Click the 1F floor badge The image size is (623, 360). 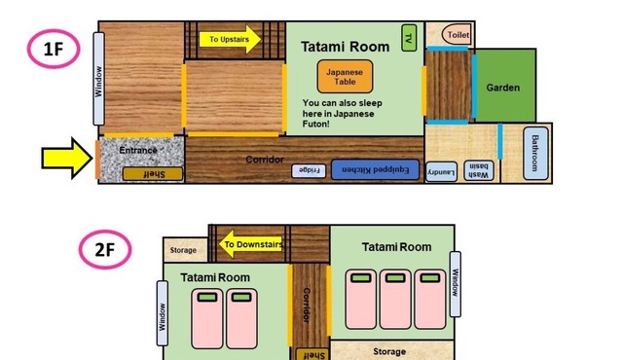54,49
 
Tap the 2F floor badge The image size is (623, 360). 105,250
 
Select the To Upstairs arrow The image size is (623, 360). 230,39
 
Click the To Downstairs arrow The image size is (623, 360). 251,244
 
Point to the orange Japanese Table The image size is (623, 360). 345,77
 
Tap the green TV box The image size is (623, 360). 409,38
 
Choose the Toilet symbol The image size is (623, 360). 457,34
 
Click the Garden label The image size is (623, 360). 502,88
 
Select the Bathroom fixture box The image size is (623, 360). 535,153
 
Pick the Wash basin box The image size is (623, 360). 478,170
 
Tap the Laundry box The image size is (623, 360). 441,172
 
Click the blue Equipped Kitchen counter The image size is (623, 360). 375,169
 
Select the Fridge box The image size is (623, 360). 309,170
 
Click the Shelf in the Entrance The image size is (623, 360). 153,174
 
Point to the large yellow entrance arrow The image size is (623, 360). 67,159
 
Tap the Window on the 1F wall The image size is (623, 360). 98,79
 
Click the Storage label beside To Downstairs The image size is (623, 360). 183,250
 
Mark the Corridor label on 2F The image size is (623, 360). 307,306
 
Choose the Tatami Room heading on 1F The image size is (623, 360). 345,47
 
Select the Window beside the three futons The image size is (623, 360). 456,284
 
